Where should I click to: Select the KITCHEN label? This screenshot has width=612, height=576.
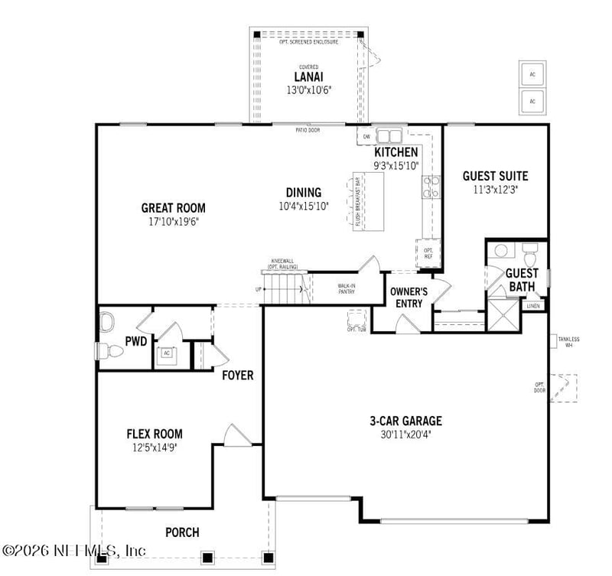tap(396, 152)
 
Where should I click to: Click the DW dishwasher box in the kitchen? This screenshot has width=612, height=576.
tap(366, 137)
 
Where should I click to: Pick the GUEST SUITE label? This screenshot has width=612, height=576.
tap(495, 176)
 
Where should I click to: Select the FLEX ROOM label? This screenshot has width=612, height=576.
tap(155, 434)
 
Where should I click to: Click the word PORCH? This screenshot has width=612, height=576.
tap(182, 532)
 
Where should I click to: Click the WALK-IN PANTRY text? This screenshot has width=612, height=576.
tap(346, 288)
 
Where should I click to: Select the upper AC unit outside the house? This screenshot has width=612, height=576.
tap(532, 75)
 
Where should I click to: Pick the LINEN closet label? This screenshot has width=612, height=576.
tap(533, 306)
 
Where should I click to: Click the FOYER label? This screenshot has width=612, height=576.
tap(238, 376)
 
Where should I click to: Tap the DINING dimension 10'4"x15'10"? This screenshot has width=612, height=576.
tap(304, 206)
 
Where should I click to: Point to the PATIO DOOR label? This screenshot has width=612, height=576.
tap(308, 130)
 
